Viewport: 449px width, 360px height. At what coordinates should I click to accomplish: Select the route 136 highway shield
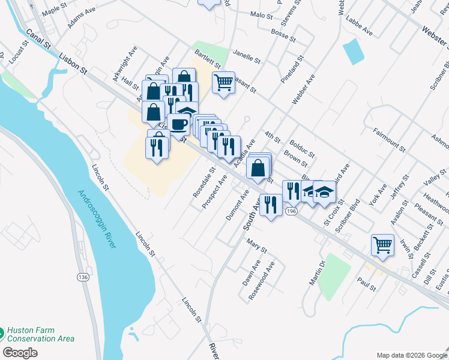(x=83, y=277)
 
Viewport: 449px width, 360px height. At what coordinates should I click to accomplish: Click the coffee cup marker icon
(x=179, y=124)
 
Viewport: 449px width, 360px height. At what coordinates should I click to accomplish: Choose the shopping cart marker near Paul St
(x=382, y=244)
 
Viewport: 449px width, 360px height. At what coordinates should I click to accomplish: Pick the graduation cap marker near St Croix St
(x=325, y=191)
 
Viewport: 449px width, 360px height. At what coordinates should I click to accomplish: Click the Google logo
(x=20, y=353)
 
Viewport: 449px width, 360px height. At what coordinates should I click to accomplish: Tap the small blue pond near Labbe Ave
(x=353, y=52)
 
